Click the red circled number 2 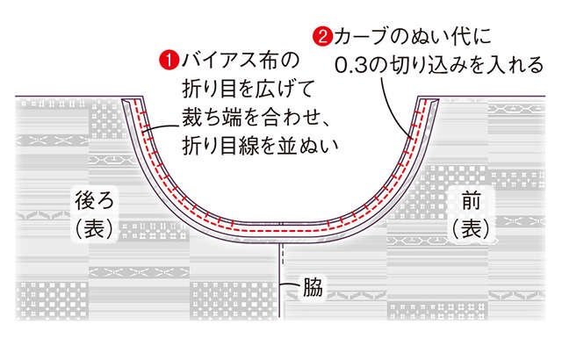[322, 37]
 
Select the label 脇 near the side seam [313, 286]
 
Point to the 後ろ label [94, 200]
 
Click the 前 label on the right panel [471, 201]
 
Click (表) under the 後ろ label [94, 228]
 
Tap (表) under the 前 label [471, 228]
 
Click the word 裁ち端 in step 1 [212, 117]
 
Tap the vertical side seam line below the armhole [279, 280]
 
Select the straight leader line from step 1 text [160, 129]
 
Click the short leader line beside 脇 [291, 284]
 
